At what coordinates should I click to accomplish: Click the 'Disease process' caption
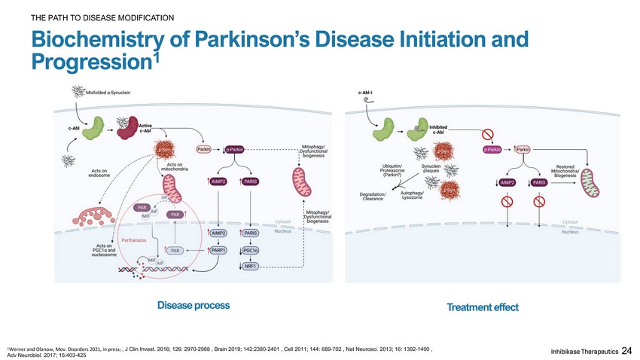pos(194,305)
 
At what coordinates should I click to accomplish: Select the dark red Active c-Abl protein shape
pos(134,129)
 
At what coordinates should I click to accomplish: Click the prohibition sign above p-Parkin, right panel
pos(487,135)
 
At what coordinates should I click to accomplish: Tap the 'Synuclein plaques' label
pos(431,169)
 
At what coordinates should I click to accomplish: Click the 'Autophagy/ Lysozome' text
pos(412,196)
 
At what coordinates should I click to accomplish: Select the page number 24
pos(627,350)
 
